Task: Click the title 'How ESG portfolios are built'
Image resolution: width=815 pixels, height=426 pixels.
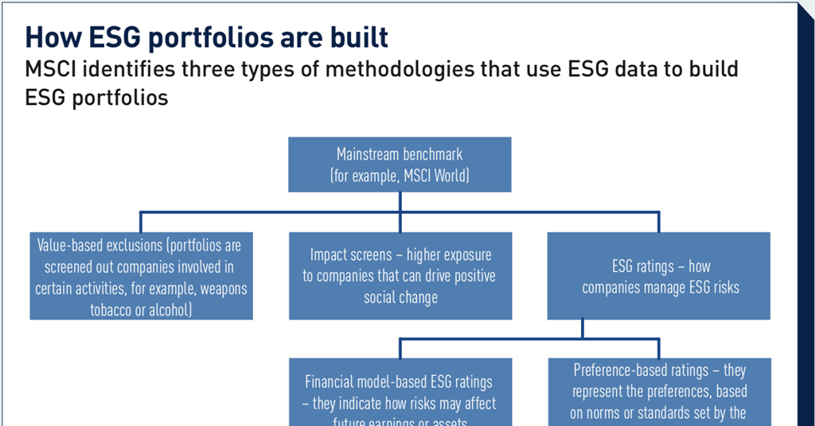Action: tap(207, 37)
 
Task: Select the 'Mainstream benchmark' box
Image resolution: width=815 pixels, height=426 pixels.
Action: tap(400, 165)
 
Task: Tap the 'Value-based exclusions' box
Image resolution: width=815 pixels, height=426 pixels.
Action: tap(141, 276)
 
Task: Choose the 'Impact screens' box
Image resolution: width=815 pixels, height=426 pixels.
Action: tap(400, 276)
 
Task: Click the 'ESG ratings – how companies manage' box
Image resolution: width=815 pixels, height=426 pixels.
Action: tap(660, 276)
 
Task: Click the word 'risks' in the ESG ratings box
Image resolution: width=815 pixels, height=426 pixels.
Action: tap(722, 287)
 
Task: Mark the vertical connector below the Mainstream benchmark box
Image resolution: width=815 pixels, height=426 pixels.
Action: tap(400, 202)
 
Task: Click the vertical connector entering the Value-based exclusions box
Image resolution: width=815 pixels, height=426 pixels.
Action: tap(141, 222)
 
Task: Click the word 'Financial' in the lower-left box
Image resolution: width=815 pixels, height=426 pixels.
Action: tap(334, 381)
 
